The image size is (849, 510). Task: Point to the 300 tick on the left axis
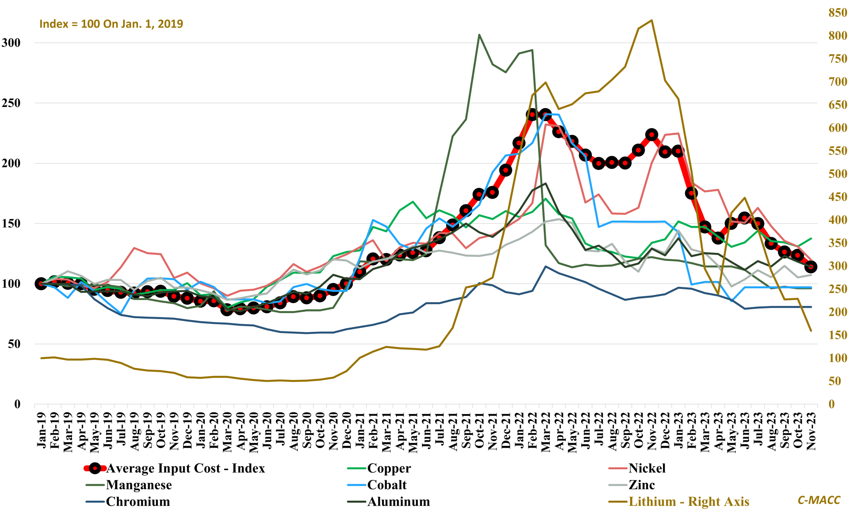click(11, 43)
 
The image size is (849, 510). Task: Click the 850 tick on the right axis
click(838, 13)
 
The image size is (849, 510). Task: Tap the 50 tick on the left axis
click(14, 344)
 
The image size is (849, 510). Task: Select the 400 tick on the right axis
click(838, 220)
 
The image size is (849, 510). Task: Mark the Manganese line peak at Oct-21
click(479, 35)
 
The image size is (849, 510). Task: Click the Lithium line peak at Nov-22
click(652, 20)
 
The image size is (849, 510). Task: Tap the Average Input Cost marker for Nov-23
click(811, 267)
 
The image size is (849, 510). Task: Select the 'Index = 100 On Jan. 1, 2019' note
click(111, 24)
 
